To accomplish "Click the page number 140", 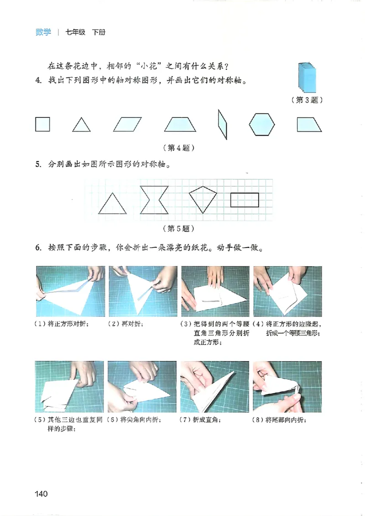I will click(41, 494).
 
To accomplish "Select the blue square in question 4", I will click(42, 124).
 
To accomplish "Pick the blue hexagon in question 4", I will click(262, 124).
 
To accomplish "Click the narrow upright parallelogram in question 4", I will click(223, 124).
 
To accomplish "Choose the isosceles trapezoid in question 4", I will click(180, 125).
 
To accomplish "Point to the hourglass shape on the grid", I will click(155, 200).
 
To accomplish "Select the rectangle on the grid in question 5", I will click(245, 200).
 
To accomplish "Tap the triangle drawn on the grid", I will click(112, 204).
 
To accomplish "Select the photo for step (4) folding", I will click(287, 291).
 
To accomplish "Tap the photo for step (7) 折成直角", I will click(215, 386).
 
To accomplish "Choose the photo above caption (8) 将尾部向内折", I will click(287, 386).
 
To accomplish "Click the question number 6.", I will click(38, 249).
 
